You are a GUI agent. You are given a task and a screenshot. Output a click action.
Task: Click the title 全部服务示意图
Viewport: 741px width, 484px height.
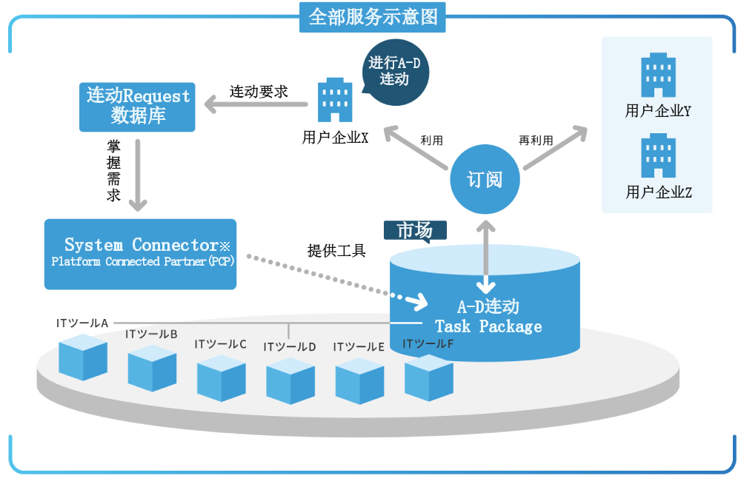[x=373, y=17]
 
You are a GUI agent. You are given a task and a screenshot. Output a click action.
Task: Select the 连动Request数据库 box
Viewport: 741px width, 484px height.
[x=137, y=107]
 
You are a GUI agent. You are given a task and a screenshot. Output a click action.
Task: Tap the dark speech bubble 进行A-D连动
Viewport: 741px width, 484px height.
[x=395, y=72]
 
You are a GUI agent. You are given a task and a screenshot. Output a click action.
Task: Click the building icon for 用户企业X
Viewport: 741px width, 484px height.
[x=335, y=100]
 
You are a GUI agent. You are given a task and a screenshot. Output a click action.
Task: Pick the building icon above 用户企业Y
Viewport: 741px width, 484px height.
[x=658, y=75]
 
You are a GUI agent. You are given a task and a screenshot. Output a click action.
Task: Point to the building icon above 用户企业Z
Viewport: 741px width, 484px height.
[x=658, y=155]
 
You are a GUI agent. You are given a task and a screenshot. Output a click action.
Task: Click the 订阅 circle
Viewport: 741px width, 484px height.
[x=485, y=179]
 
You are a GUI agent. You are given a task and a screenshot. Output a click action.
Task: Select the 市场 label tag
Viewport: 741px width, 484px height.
[x=415, y=231]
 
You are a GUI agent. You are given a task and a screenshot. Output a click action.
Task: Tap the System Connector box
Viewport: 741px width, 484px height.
[x=140, y=254]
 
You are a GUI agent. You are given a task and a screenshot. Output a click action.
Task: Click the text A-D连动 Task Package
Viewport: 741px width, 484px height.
[x=488, y=316]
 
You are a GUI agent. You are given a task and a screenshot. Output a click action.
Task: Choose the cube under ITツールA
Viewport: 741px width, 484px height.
[x=83, y=357]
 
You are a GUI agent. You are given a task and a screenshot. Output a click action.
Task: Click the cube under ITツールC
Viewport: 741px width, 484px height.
[x=221, y=377]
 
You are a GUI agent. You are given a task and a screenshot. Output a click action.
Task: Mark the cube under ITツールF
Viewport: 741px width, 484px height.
[x=429, y=377]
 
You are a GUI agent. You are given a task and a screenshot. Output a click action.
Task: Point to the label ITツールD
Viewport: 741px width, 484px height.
[x=290, y=347]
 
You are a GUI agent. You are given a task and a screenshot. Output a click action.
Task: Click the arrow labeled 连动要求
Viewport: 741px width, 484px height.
[x=256, y=104]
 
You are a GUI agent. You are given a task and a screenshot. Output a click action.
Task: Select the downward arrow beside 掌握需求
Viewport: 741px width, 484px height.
[x=138, y=175]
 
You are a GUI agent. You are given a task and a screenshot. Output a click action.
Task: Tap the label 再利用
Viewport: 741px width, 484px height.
[x=536, y=141]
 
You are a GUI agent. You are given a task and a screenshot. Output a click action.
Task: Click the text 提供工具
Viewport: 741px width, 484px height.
[x=336, y=250]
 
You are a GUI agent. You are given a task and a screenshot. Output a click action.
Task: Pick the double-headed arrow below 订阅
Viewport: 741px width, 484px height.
[x=486, y=258]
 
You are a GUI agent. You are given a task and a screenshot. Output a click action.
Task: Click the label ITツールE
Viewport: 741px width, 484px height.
[x=359, y=347]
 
